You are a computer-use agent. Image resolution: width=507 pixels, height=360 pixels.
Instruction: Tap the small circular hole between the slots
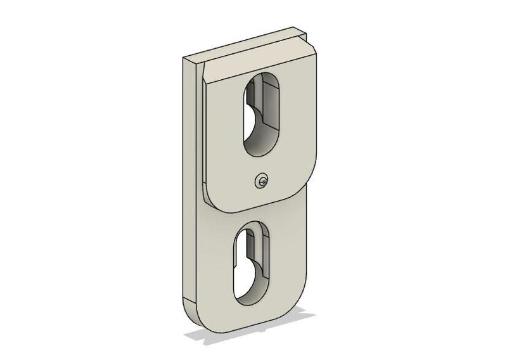pyautogui.click(x=261, y=182)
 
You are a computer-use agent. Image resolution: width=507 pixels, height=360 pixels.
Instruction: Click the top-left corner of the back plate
pyautogui.click(x=184, y=58)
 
